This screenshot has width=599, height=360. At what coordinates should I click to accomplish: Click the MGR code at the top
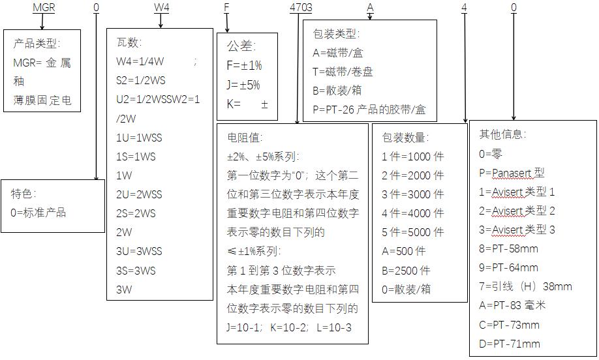coord(44,8)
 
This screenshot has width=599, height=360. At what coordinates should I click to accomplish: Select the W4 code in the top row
coord(161,8)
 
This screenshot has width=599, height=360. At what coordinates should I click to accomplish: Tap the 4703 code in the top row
coord(300,8)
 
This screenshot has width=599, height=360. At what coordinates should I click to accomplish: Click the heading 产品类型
coord(37,44)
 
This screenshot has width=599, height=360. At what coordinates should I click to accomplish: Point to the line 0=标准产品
coord(38,213)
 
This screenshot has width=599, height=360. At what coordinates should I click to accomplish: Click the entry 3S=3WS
coord(136,270)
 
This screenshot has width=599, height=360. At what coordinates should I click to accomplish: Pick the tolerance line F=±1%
coord(244,66)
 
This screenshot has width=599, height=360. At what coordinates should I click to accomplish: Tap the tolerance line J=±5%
coord(243,85)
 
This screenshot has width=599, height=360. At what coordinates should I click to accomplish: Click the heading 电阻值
coord(245,138)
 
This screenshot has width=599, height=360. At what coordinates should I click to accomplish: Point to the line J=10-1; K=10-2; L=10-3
coord(289,327)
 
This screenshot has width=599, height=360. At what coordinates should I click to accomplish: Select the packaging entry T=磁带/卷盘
coord(343,71)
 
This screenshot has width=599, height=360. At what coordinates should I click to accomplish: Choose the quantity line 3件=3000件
coord(412,194)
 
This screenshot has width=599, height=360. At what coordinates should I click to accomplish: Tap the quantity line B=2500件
coord(406,270)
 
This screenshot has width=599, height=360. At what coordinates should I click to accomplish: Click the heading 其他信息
coord(502,134)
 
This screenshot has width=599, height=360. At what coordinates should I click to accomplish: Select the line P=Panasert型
coord(512,173)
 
